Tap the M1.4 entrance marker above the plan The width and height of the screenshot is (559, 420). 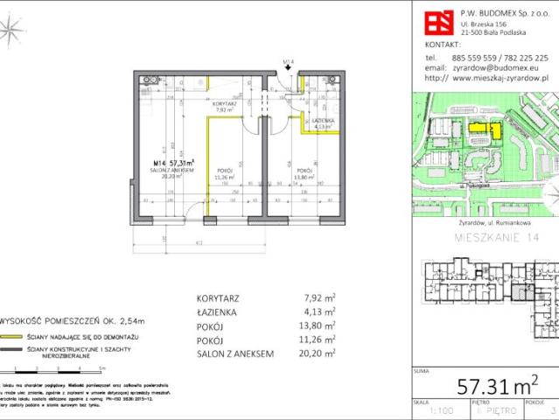click(289, 62)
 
